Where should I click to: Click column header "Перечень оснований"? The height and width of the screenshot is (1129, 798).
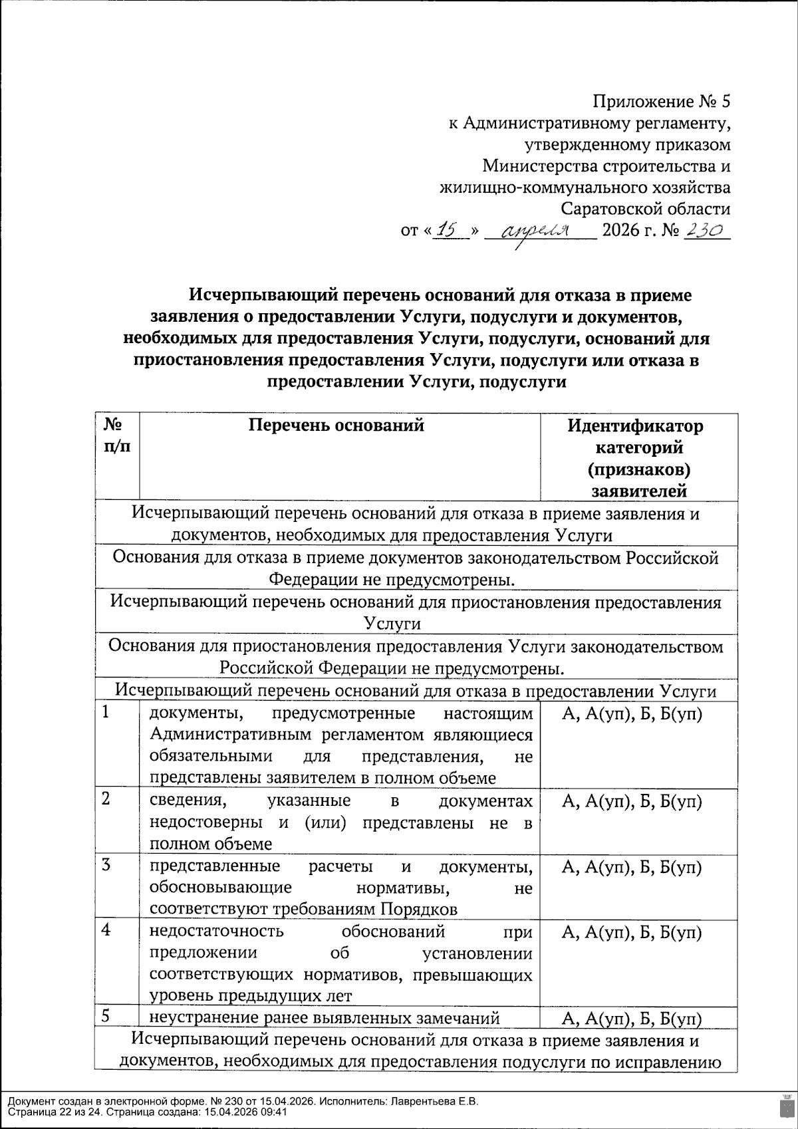click(x=336, y=425)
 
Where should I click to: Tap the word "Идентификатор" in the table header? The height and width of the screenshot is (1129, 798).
click(x=635, y=426)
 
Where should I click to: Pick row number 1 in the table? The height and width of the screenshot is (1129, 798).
click(x=107, y=712)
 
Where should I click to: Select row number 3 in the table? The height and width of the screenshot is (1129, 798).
click(x=107, y=865)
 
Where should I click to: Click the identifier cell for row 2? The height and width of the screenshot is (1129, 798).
click(x=632, y=802)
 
